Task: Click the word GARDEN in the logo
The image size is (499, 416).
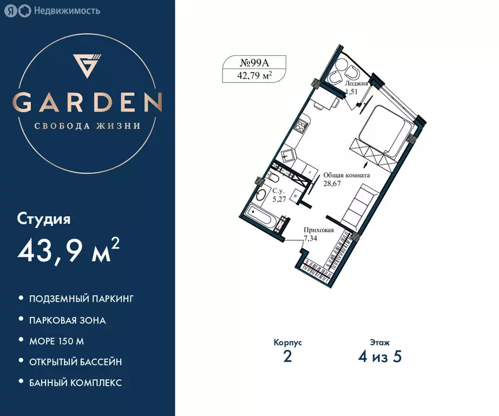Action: tap(88, 102)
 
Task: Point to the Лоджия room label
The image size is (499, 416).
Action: tap(357, 84)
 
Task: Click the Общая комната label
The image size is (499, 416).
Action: tap(346, 175)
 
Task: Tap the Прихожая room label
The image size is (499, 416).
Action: tap(319, 230)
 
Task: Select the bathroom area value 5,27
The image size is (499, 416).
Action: tap(279, 199)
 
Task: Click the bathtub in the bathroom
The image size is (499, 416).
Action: tap(261, 218)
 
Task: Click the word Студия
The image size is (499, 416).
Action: tap(44, 219)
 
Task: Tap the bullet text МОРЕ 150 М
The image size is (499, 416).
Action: tap(56, 341)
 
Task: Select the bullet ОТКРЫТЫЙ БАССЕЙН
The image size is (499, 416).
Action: tap(75, 362)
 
